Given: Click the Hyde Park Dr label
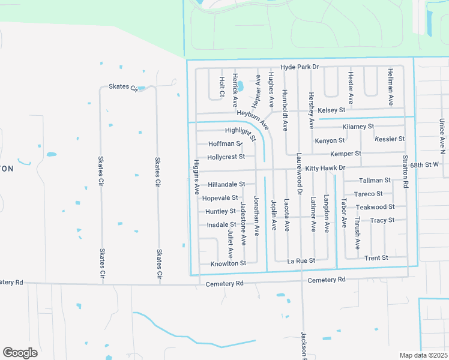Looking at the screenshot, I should (299, 67).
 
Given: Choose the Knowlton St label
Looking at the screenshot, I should (228, 263).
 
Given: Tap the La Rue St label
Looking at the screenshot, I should (301, 261).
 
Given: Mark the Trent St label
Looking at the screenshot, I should (376, 258).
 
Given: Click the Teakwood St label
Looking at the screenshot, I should (375, 207).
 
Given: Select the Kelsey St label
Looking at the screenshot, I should (331, 110).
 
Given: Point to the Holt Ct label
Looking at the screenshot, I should (221, 86).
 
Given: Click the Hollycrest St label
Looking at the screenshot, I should (226, 157).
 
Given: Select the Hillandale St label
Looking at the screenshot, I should (226, 184).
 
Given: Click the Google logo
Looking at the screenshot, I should (20, 353).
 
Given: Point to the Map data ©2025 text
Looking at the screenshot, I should (423, 355).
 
